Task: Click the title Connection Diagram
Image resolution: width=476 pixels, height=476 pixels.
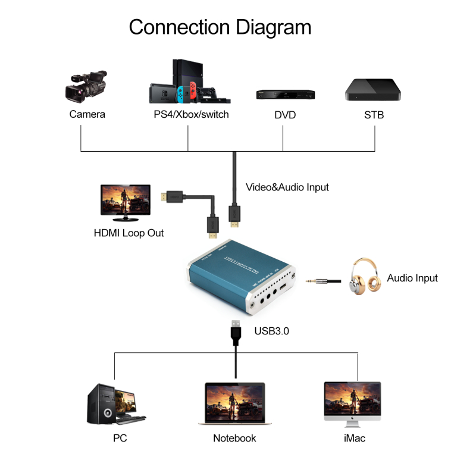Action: (x=220, y=27)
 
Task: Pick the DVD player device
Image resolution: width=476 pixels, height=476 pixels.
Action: (x=285, y=94)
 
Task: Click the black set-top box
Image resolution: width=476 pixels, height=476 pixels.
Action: (x=373, y=89)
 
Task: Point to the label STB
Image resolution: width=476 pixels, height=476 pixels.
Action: (x=374, y=115)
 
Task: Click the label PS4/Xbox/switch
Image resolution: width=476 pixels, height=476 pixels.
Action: (x=191, y=114)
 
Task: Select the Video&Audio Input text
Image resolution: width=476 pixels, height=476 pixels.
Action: (x=287, y=187)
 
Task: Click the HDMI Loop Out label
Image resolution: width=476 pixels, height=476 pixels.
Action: (x=129, y=233)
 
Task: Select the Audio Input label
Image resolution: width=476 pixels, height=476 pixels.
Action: (x=412, y=278)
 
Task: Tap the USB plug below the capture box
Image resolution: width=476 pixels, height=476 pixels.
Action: (x=236, y=333)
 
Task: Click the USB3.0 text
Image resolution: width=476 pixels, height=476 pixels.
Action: (x=271, y=331)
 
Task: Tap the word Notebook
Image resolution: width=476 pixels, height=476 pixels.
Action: (x=234, y=439)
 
